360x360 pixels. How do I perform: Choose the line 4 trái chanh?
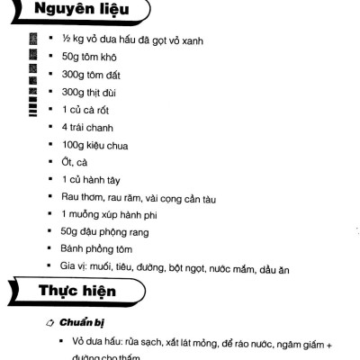(x=88, y=127)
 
